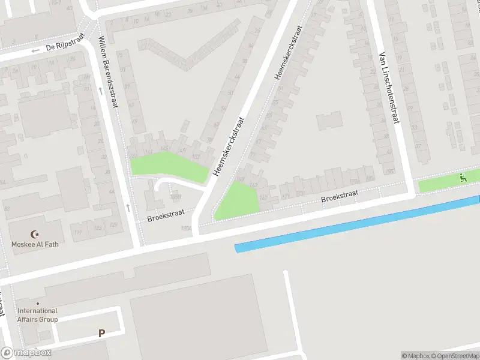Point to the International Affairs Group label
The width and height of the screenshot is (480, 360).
(38, 315)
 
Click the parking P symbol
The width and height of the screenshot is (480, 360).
(101, 333)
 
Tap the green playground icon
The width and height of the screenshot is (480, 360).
(462, 178)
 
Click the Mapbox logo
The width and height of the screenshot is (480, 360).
(26, 352)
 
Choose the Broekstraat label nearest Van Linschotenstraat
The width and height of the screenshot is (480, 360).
(339, 196)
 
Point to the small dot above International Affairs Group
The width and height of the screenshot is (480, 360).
(37, 303)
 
